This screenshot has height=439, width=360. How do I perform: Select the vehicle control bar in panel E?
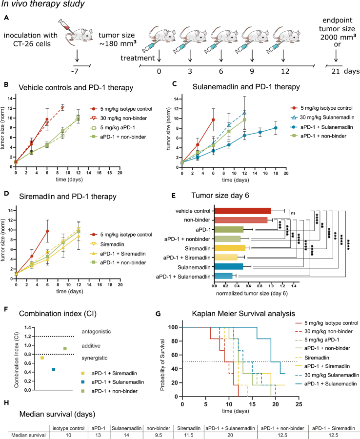(242, 210)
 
